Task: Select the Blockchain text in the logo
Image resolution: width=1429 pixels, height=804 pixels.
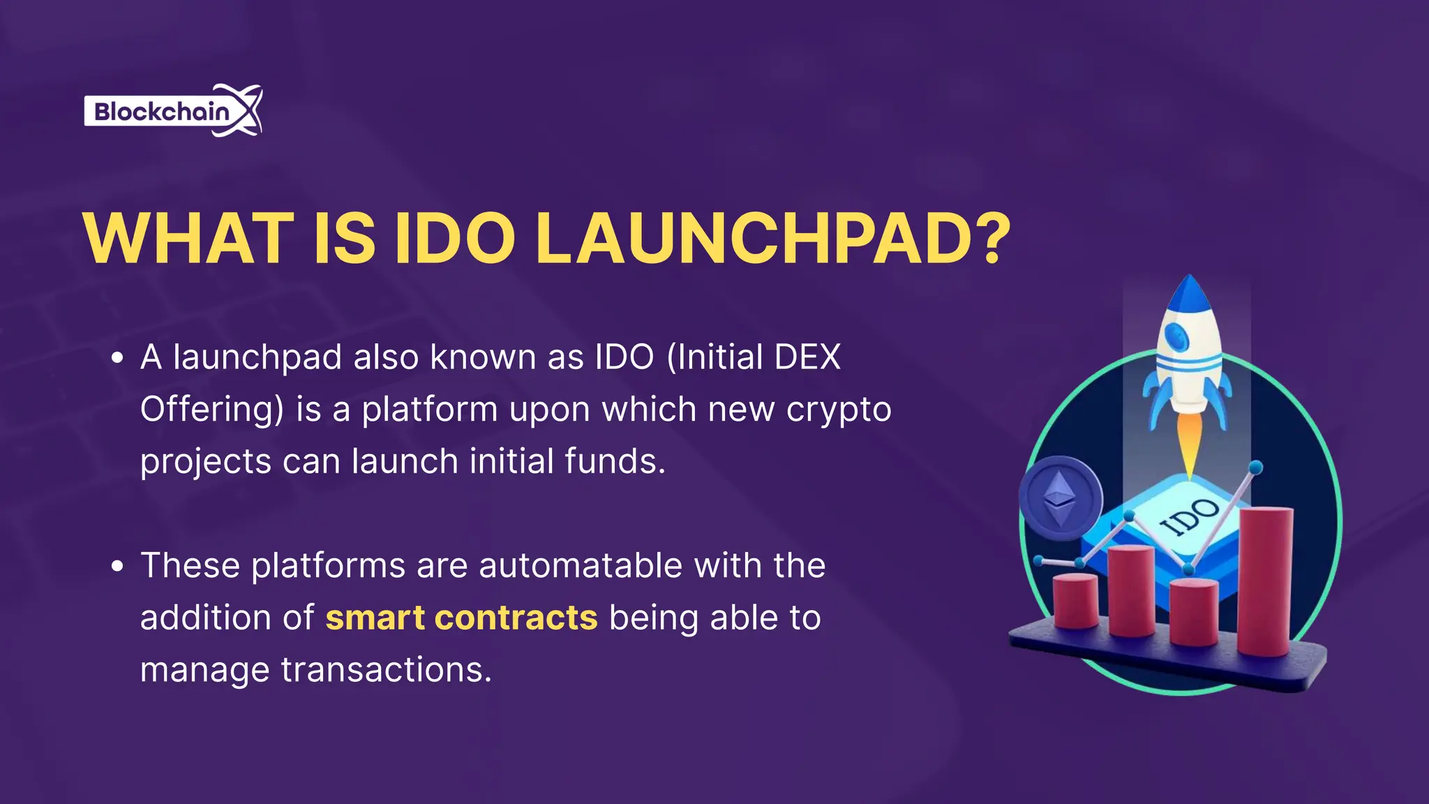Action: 161,112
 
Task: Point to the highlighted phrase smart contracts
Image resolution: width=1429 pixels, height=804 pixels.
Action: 461,618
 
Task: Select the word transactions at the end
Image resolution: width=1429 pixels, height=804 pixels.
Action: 386,670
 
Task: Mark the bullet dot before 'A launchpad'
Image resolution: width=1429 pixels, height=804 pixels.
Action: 117,358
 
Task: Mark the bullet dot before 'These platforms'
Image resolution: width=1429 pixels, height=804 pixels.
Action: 117,566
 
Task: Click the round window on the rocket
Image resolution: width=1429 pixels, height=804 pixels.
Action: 1179,337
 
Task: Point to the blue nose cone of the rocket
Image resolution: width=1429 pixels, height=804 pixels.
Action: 1189,293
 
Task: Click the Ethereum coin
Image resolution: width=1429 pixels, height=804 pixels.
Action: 1060,498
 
